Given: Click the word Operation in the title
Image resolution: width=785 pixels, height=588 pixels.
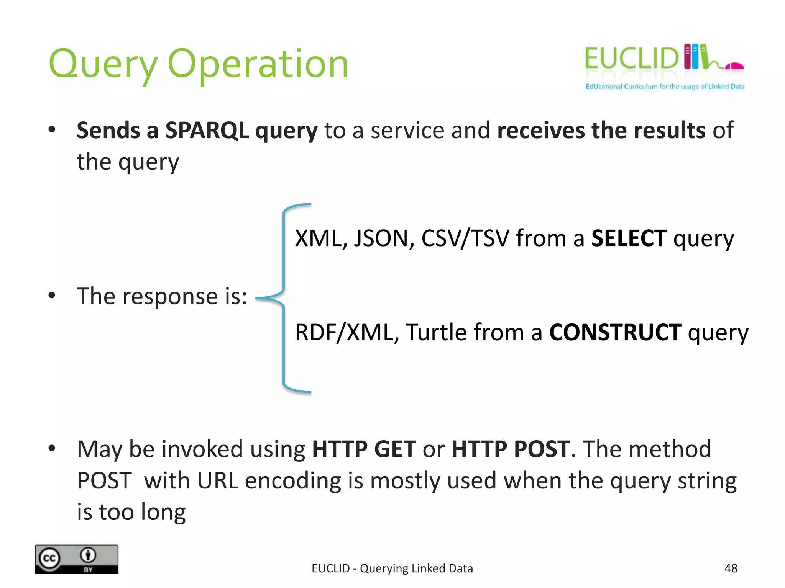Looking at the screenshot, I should coord(258,64).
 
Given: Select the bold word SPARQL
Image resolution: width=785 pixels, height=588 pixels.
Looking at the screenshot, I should coord(207,130).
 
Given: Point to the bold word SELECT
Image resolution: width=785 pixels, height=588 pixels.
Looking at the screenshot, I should coord(629,238).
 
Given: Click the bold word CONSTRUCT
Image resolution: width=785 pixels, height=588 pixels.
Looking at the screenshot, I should coord(615,332).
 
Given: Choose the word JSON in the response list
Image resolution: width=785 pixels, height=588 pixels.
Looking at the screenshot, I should coord(383,238).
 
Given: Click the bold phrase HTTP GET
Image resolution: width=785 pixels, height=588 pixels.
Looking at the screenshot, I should coord(364,449).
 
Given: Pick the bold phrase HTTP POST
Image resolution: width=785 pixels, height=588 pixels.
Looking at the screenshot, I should coord(511,449).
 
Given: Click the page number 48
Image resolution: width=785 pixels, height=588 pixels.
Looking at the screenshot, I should coord(731,568).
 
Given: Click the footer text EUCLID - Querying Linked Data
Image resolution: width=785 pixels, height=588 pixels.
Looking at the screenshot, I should coord(392,568).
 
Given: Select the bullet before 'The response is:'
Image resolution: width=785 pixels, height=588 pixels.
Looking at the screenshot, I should coord(52,296).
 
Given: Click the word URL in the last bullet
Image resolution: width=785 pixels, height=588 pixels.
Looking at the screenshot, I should coord(217,481).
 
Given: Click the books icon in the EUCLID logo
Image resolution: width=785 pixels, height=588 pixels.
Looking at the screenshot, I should coord(695,57).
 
